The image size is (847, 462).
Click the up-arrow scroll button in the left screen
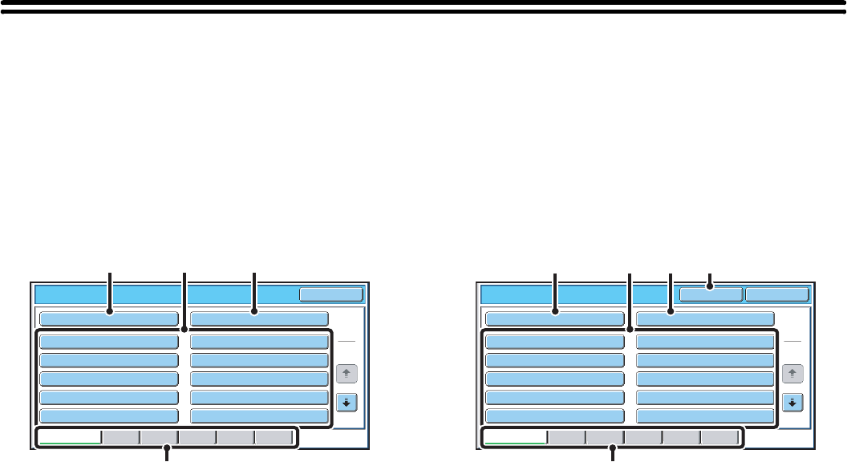click(346, 373)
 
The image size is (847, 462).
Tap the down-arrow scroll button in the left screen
click(346, 402)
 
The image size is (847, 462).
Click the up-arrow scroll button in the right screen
click(792, 373)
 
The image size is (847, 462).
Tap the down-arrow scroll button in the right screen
click(792, 402)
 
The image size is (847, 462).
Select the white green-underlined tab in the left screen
click(71, 437)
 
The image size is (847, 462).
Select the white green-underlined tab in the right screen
click(516, 437)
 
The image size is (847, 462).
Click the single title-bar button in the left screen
click(331, 294)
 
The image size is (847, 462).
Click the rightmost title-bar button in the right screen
click(776, 294)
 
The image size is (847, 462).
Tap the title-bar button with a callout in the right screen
click(711, 294)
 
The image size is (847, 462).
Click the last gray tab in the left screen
click(274, 437)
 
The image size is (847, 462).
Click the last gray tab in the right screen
click(719, 437)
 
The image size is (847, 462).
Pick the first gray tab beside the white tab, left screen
click(120, 437)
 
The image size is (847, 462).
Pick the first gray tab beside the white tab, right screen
click(566, 437)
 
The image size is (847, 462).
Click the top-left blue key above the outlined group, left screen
click(109, 318)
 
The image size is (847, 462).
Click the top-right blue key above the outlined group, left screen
click(259, 318)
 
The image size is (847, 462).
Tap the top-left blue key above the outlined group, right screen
click(555, 318)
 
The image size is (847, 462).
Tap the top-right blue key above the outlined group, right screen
click(705, 318)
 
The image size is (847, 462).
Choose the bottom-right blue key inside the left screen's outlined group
click(259, 416)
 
